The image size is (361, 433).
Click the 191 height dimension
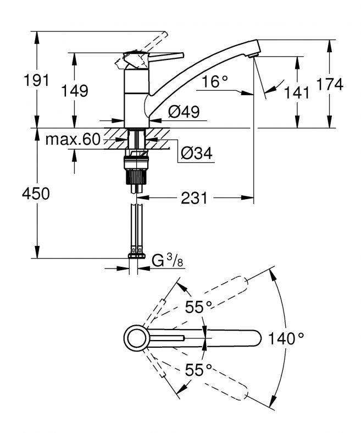(36, 80)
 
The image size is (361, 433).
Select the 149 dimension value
(75, 91)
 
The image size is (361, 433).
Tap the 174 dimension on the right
(330, 84)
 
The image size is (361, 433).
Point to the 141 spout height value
(297, 92)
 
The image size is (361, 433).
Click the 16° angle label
(215, 81)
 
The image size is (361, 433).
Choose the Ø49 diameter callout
(184, 112)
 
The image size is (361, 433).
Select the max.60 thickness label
(73, 139)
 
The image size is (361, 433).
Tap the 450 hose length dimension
(36, 193)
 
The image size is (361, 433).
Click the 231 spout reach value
(194, 198)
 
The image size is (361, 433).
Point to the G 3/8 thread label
(168, 260)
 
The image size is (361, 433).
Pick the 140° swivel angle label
(286, 338)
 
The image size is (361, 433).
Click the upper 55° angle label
(198, 306)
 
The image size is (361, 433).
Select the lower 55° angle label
(198, 370)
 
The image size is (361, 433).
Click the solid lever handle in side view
(166, 57)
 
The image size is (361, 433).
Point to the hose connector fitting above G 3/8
(137, 253)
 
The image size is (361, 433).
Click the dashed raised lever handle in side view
(153, 43)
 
